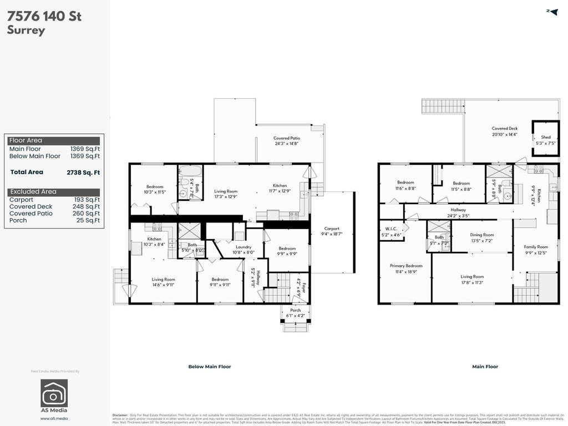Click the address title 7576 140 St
click(x=44, y=16)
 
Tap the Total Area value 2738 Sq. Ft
click(x=83, y=173)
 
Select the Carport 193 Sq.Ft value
click(x=88, y=200)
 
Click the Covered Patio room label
click(x=286, y=141)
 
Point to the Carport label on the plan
click(x=332, y=231)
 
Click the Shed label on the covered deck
click(x=546, y=140)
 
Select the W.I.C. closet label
click(x=390, y=231)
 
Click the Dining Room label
click(x=481, y=237)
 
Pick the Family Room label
click(x=536, y=250)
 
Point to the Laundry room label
click(x=244, y=250)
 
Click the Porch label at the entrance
click(x=296, y=313)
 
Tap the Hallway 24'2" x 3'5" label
click(x=458, y=213)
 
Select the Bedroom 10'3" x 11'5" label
click(x=155, y=190)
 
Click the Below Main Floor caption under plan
click(x=210, y=367)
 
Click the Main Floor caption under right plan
click(x=485, y=367)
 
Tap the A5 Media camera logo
click(x=54, y=393)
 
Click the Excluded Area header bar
click(x=54, y=192)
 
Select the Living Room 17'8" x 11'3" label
click(x=472, y=279)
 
